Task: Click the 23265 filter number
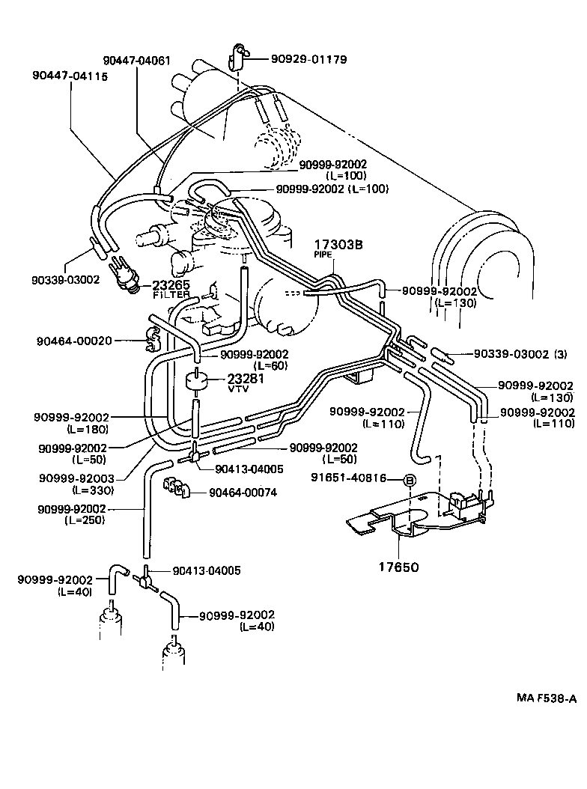pyautogui.click(x=171, y=285)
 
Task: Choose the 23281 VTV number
pyautogui.click(x=247, y=379)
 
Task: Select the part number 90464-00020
pyautogui.click(x=73, y=341)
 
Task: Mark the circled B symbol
pyautogui.click(x=410, y=480)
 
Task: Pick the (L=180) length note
pyautogui.click(x=86, y=430)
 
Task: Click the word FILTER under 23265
pyautogui.click(x=171, y=296)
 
